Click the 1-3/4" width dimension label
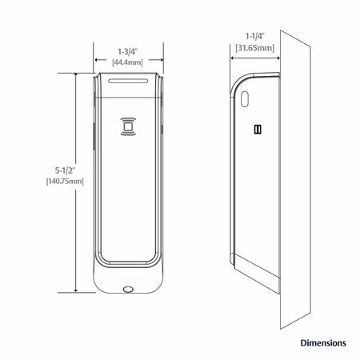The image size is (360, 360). (128, 51)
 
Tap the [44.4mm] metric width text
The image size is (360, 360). (127, 62)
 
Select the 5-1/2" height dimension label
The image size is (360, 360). (65, 170)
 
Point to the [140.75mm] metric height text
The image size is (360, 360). (65, 182)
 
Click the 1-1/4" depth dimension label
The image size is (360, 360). (254, 36)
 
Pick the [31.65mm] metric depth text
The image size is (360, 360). (254, 48)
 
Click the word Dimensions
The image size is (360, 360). (323, 342)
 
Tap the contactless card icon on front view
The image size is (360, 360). (128, 126)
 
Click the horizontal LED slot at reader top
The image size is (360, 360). (128, 81)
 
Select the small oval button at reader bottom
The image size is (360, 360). (128, 289)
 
